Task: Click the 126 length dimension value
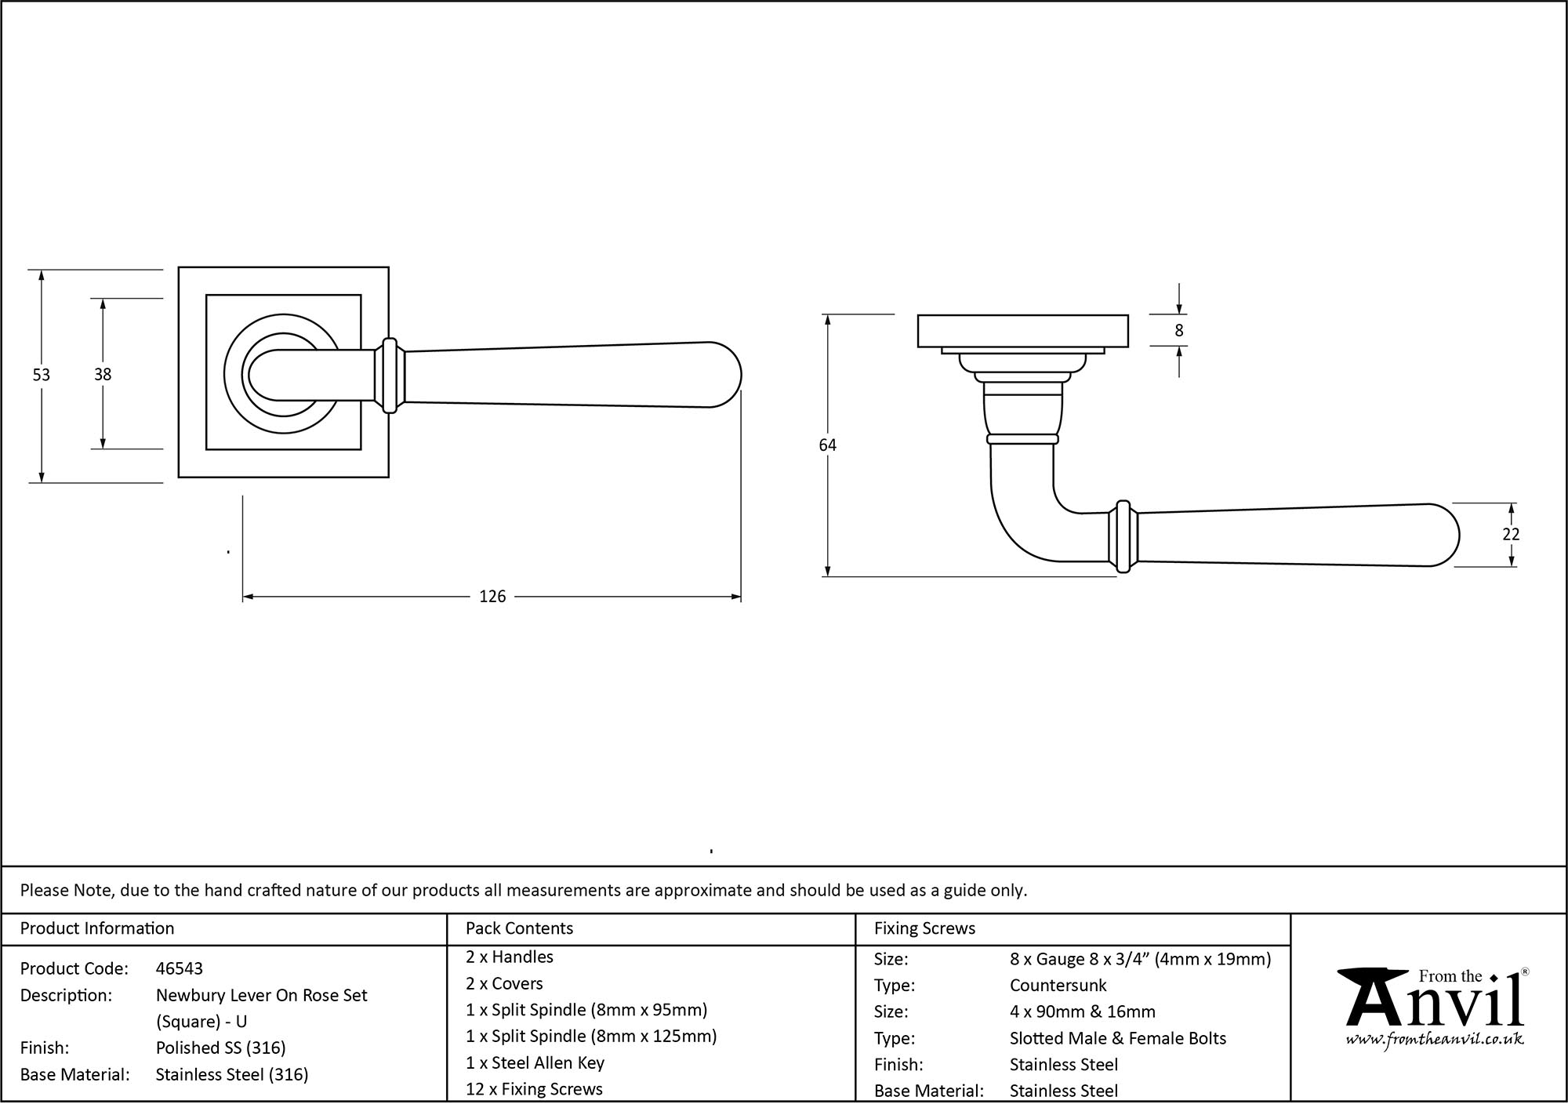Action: pos(492,597)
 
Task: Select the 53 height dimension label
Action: pos(41,375)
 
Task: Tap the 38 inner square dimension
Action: pos(103,375)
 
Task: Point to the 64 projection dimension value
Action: pos(827,445)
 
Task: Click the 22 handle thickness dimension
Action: pos(1511,534)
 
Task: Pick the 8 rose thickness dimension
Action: pos(1178,331)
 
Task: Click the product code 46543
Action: pos(180,968)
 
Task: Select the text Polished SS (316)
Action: pos(220,1048)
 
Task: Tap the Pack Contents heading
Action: pos(519,928)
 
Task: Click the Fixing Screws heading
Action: pos(924,928)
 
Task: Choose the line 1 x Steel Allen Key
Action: pos(535,1062)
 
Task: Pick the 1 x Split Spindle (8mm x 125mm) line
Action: pos(591,1036)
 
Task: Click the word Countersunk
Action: pos(1058,985)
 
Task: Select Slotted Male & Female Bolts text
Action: pos(1117,1038)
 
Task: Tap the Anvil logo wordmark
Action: pos(1435,1004)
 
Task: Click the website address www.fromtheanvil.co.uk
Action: pos(1434,1040)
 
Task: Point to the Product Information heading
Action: pos(97,928)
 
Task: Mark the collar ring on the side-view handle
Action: pos(1123,536)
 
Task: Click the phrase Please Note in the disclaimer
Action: pos(67,890)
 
